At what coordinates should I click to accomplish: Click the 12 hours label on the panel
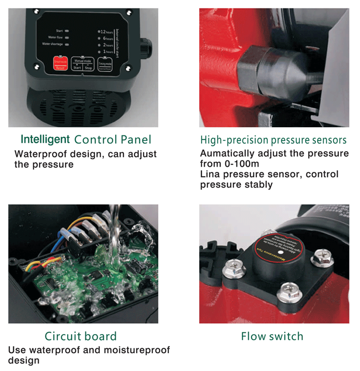click(106, 31)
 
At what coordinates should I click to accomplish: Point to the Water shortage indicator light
click(67, 44)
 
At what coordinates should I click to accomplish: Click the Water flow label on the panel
click(56, 37)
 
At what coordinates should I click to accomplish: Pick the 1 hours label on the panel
click(107, 51)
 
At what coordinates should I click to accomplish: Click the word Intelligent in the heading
click(45, 140)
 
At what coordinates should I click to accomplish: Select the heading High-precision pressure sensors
click(273, 140)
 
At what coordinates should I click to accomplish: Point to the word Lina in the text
click(210, 174)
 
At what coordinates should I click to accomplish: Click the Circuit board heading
click(81, 336)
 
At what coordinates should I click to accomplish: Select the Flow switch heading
click(272, 336)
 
